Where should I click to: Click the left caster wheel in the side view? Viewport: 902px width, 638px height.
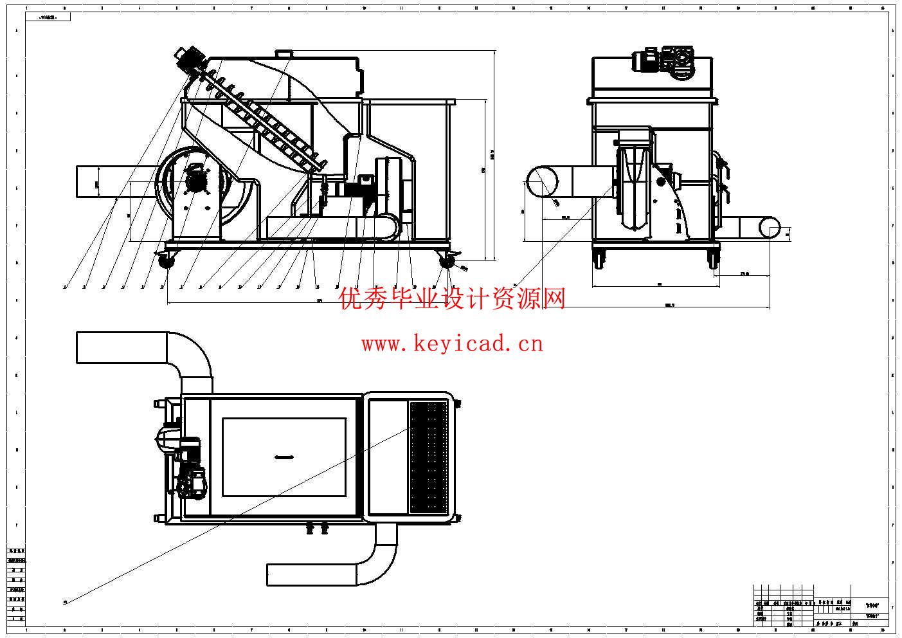pyautogui.click(x=167, y=260)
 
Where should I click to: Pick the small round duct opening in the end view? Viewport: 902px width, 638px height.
pyautogui.click(x=771, y=228)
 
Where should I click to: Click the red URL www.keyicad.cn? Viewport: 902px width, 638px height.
pyautogui.click(x=452, y=344)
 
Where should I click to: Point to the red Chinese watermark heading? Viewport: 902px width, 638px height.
pyautogui.click(x=452, y=298)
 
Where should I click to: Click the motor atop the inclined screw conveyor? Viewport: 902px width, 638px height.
pyautogui.click(x=188, y=59)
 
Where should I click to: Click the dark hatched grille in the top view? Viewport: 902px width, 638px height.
pyautogui.click(x=429, y=457)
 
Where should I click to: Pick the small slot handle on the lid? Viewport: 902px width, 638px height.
pyautogui.click(x=284, y=457)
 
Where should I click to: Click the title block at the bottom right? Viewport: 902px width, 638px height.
pyautogui.click(x=823, y=605)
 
